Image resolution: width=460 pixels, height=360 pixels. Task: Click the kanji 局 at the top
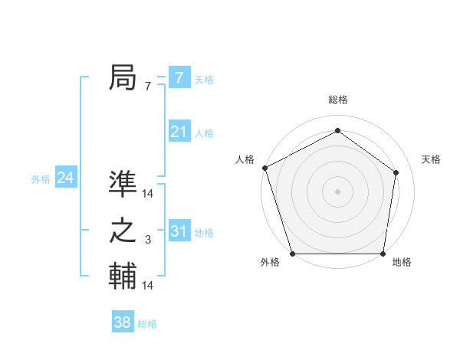(x=123, y=78)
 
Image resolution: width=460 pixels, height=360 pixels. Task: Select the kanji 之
(x=123, y=231)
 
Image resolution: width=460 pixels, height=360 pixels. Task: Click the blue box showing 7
(x=179, y=78)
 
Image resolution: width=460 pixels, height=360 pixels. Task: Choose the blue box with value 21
(x=179, y=132)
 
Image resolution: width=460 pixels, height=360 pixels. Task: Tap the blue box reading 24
(x=65, y=178)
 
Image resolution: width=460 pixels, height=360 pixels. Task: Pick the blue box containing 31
(x=179, y=231)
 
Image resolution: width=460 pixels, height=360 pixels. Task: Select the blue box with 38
(x=122, y=322)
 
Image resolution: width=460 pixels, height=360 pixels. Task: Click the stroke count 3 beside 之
(x=147, y=241)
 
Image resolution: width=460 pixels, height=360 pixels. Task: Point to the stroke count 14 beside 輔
(x=148, y=286)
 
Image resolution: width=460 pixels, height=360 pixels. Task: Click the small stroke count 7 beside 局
(x=147, y=87)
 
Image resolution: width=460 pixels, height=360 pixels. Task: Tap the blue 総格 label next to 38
(x=147, y=324)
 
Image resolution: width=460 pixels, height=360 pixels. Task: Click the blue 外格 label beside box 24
(x=41, y=179)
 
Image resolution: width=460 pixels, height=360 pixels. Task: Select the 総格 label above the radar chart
(x=338, y=100)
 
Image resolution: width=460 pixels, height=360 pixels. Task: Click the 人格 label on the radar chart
(x=245, y=159)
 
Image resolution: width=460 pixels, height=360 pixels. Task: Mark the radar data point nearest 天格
(x=396, y=172)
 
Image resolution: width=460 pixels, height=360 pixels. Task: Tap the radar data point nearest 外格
(x=292, y=254)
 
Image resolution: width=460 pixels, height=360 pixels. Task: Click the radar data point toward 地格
(x=383, y=254)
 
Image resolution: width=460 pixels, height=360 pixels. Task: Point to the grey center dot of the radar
(x=338, y=191)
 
